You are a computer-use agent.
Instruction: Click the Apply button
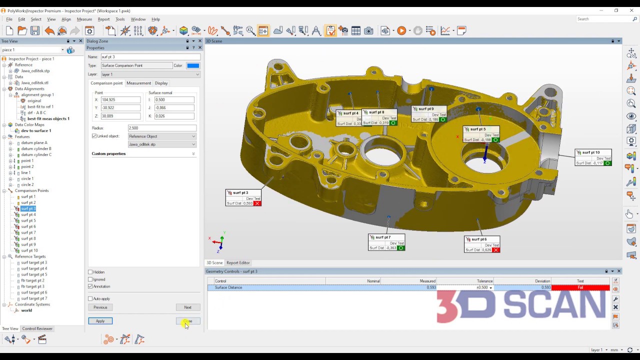pyautogui.click(x=100, y=321)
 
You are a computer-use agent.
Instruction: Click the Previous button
pyautogui.click(x=100, y=307)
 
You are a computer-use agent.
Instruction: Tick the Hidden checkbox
pyautogui.click(x=90, y=272)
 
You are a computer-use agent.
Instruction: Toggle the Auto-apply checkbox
pyautogui.click(x=90, y=299)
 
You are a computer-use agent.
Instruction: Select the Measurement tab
pyautogui.click(x=138, y=83)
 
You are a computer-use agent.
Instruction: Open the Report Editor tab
pyautogui.click(x=238, y=262)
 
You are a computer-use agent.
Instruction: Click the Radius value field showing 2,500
pyautogui.click(x=161, y=128)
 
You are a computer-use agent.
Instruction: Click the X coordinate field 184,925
pyautogui.click(x=120, y=100)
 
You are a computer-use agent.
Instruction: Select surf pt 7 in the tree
pyautogui.click(x=28, y=232)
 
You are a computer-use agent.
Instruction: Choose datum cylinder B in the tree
pyautogui.click(x=36, y=148)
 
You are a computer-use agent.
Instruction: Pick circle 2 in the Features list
pyautogui.click(x=27, y=184)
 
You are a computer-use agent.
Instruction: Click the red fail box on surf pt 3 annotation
pyautogui.click(x=257, y=203)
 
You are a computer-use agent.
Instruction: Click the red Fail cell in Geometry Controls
pyautogui.click(x=580, y=287)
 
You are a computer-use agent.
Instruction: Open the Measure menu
pyautogui.click(x=84, y=19)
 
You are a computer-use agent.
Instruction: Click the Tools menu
pyautogui.click(x=120, y=19)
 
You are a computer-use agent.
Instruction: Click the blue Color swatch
pyautogui.click(x=192, y=65)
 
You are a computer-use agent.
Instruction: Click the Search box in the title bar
pyautogui.click(x=604, y=19)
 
